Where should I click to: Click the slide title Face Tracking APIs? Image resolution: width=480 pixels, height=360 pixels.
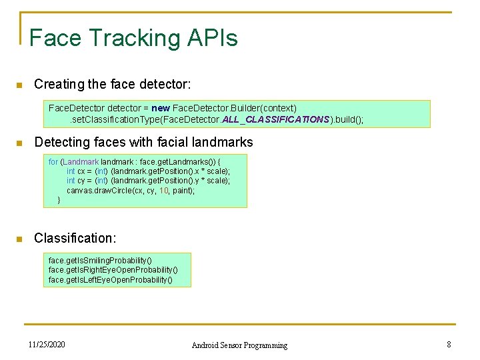point(133,37)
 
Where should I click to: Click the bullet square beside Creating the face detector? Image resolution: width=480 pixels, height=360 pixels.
point(19,85)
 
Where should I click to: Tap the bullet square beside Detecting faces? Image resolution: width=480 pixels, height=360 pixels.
point(19,143)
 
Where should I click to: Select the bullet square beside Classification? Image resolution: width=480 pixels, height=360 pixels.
point(19,239)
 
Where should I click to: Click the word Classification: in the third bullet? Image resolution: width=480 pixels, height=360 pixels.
point(75,238)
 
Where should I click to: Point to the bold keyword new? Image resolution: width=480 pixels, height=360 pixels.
point(161,108)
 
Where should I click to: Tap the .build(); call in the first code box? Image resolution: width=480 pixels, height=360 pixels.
point(347,119)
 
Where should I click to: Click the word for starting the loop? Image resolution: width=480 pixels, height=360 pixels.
point(53,161)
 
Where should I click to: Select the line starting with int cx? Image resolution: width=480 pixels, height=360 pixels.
point(148,171)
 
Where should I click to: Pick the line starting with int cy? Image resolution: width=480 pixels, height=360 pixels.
point(148,181)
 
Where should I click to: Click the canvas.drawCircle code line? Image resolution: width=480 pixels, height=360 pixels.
point(131,191)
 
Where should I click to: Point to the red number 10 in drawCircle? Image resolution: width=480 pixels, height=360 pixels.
point(163,191)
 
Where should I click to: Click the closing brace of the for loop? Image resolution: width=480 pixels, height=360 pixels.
point(59,200)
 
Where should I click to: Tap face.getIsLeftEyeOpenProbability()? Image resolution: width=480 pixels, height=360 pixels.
point(111,280)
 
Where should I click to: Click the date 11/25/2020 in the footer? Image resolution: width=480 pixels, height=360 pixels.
point(47,345)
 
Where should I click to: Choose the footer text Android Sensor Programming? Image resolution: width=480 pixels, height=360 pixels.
point(239,345)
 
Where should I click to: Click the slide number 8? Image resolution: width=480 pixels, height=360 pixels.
point(449,345)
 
